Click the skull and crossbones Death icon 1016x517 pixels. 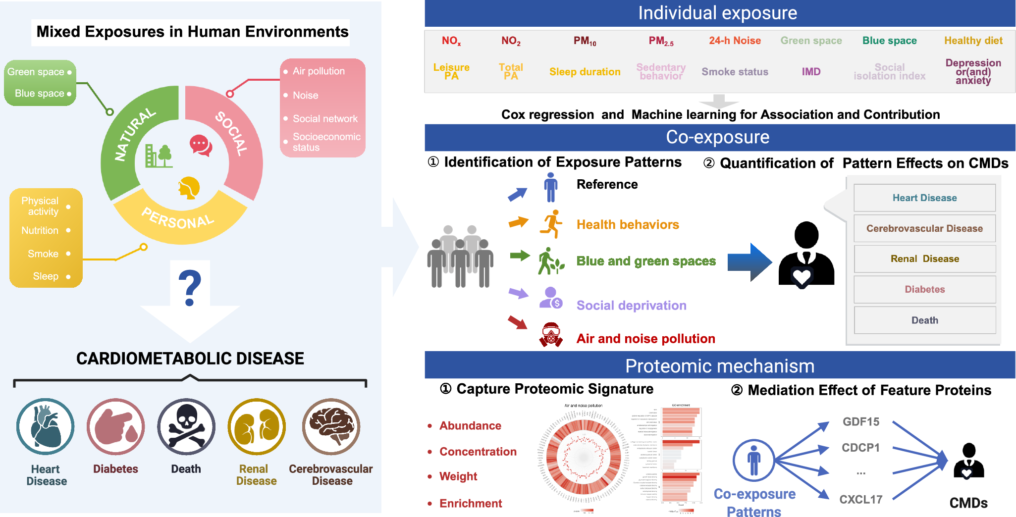click(x=186, y=426)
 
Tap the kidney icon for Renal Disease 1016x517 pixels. click(x=257, y=426)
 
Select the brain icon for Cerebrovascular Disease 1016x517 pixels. click(x=331, y=426)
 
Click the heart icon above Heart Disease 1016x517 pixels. click(x=46, y=426)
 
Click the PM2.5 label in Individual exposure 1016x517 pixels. click(x=661, y=41)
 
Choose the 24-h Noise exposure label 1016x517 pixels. click(x=735, y=41)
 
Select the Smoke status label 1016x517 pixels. click(x=735, y=72)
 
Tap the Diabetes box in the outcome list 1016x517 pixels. click(x=924, y=289)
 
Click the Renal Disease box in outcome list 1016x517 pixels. click(x=924, y=258)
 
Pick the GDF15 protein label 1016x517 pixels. click(x=861, y=421)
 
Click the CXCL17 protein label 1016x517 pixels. click(x=861, y=499)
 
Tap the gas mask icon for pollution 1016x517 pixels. click(x=551, y=335)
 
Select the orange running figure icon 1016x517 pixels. click(x=551, y=224)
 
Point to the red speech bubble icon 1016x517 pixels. click(x=201, y=146)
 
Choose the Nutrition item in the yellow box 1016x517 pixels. click(x=40, y=230)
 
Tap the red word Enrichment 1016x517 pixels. click(x=470, y=503)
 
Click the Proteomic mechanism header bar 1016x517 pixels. click(x=719, y=365)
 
